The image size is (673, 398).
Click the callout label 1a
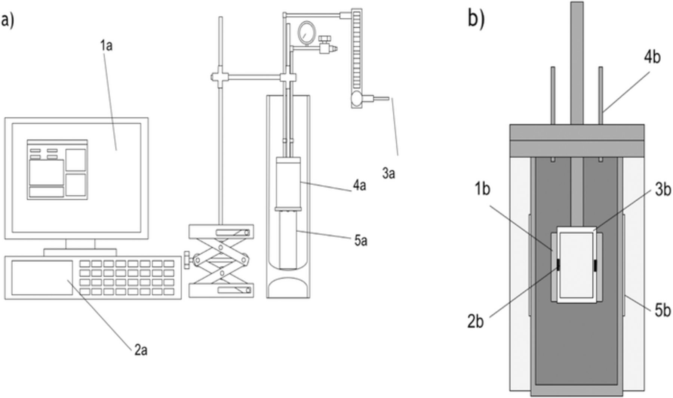106,46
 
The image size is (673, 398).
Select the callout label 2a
141,350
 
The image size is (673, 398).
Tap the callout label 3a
388,173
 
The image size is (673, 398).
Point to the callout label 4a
359,185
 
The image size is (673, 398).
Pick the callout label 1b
482,189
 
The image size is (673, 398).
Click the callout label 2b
475,321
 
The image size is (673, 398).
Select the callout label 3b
663,190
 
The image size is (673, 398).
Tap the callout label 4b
652,57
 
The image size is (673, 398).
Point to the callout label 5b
663,311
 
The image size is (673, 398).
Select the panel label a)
7,19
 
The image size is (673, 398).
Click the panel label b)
476,19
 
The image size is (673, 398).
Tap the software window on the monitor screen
57,170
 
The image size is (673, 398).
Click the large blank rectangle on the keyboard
42,278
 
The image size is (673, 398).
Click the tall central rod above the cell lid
577,60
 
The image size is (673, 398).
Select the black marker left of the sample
558,265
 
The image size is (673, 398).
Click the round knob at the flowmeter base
356,98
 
